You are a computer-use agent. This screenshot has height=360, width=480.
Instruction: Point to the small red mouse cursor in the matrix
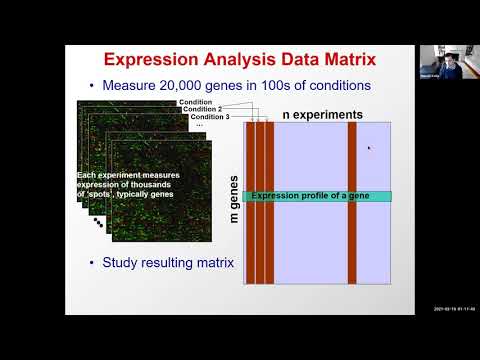(369, 148)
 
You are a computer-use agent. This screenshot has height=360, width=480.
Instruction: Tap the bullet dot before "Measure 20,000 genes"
(94, 85)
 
